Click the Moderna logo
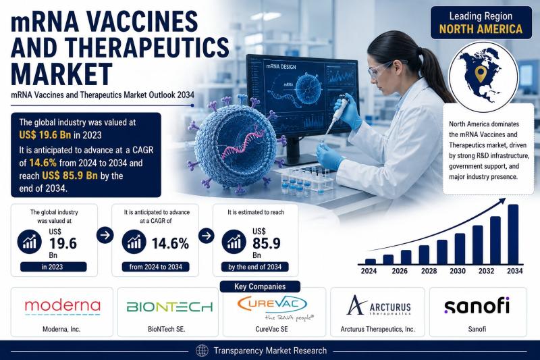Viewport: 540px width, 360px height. tap(62, 307)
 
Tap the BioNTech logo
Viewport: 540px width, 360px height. tap(169, 307)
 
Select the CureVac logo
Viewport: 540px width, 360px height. tap(275, 307)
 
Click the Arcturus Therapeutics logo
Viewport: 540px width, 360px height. tap(379, 305)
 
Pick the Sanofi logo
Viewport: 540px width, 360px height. tap(477, 305)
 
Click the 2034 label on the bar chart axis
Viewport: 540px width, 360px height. tap(514, 271)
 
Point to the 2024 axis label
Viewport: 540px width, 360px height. tap(369, 271)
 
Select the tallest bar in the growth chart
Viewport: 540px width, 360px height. tap(513, 234)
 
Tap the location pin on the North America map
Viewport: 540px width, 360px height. tap(480, 74)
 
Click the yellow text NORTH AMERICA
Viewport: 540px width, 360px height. tap(481, 29)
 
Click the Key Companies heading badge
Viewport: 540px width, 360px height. tap(260, 286)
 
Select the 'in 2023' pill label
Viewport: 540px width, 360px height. tap(53, 267)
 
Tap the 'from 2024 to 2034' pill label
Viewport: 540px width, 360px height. tap(156, 267)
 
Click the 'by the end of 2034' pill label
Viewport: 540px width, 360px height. tap(255, 267)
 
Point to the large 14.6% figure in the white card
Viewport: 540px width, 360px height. tap(170, 244)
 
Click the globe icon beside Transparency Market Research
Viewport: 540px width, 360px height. tap(202, 351)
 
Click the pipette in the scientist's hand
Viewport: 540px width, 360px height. tap(335, 114)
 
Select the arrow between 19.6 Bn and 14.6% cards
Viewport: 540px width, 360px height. tap(105, 235)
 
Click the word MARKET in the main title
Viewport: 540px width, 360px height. tap(62, 74)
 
